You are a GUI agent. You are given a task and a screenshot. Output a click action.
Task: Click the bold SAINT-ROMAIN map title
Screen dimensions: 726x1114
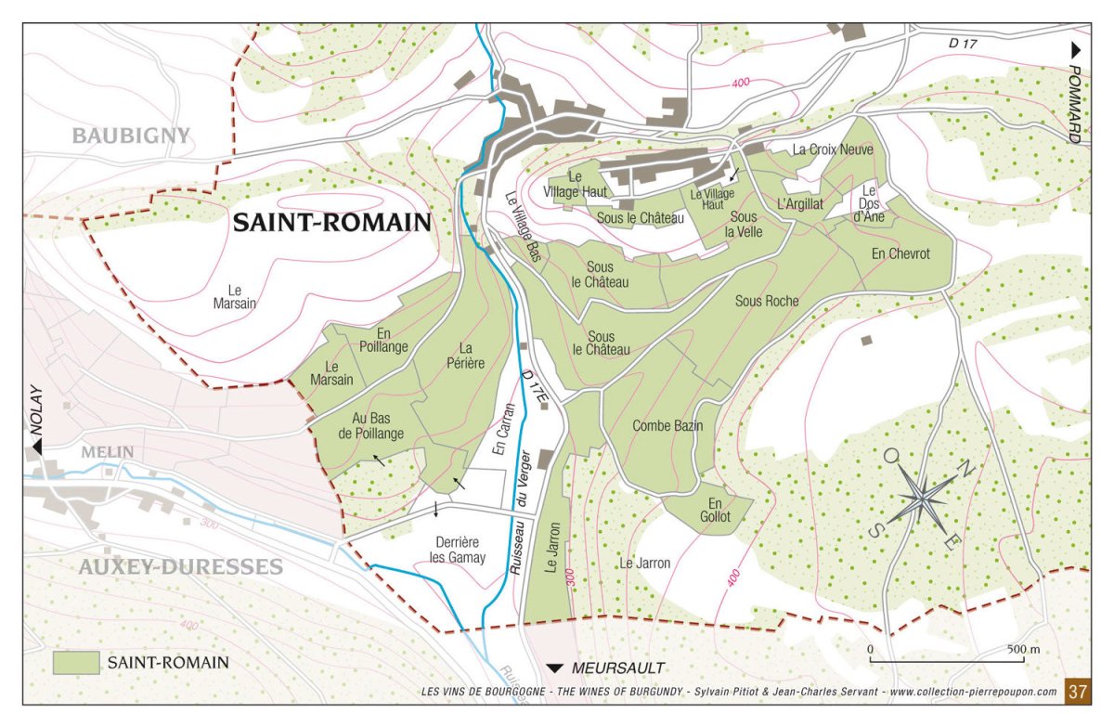[x=331, y=223]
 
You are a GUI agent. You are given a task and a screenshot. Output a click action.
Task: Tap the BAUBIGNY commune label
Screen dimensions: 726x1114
[x=131, y=136]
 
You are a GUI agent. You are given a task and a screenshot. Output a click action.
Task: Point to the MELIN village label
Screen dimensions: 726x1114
[x=108, y=452]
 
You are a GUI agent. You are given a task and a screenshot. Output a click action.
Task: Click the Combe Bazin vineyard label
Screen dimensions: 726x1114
[x=667, y=426]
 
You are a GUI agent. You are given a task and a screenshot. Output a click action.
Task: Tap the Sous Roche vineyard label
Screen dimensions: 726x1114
[x=767, y=301]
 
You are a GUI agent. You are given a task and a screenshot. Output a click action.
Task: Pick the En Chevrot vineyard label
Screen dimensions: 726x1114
[x=900, y=253]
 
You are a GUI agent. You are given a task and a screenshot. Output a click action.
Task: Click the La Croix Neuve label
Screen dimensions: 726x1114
[x=832, y=149]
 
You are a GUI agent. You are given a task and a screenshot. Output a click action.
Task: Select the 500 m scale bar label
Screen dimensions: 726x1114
[x=1023, y=648]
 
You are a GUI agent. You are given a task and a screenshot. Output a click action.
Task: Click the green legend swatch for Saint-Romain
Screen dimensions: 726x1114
[x=76, y=663]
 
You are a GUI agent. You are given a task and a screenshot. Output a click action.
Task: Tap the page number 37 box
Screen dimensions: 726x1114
[x=1077, y=692]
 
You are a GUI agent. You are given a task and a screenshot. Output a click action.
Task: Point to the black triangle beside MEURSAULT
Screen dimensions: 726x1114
[x=555, y=668]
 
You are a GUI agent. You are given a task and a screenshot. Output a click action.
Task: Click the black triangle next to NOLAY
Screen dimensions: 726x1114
[x=38, y=447]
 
